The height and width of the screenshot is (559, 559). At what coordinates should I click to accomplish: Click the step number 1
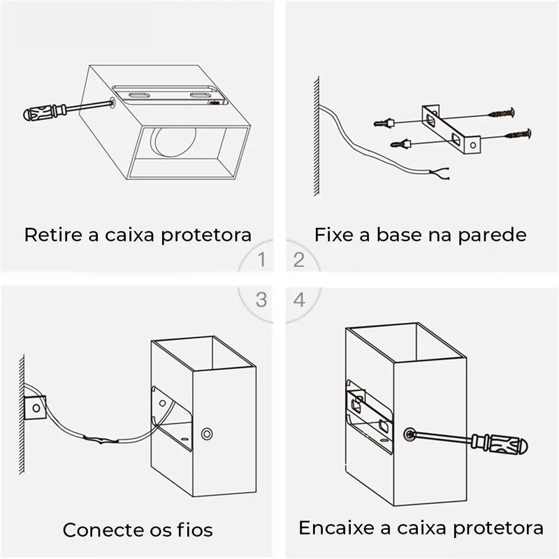point(261,261)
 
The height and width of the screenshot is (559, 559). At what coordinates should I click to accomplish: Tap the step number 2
point(299,261)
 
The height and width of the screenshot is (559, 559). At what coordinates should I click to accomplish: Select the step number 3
point(261,300)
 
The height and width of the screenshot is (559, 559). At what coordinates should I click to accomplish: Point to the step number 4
point(299,300)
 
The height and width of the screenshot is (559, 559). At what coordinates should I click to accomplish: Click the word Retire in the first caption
point(50,234)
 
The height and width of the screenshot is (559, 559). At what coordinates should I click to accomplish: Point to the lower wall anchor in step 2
point(400,145)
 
